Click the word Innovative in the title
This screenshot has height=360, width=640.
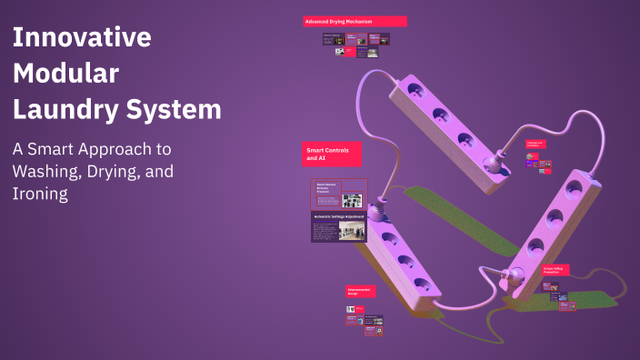(x=81, y=37)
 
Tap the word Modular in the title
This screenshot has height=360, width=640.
(x=65, y=74)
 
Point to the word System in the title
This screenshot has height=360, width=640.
(x=176, y=110)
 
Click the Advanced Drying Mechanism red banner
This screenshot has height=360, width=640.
(x=355, y=21)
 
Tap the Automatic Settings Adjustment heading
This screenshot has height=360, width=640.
(x=339, y=217)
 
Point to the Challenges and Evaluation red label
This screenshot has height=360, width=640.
(x=536, y=144)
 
